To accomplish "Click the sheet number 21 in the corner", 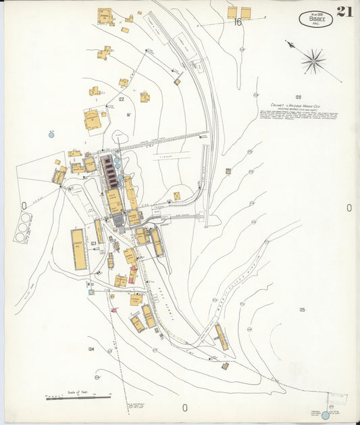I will tap(344, 11).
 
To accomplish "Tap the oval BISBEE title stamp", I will tap(315, 19).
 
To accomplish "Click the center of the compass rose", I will tap(313, 61).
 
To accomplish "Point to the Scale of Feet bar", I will tap(78, 398).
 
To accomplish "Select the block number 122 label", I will tap(121, 99).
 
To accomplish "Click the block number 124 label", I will tap(91, 349).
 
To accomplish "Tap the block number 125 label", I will tap(302, 309).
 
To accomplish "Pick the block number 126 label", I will tap(298, 97).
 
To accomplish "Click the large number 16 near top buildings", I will tap(237, 22).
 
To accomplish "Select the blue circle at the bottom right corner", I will tap(325, 415).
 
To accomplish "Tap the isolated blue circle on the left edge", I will tap(51, 135).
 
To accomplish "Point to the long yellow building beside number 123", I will tap(79, 249).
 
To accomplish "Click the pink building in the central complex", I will tap(132, 276).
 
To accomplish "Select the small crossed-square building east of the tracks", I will tap(177, 196).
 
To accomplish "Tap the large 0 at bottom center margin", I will tap(184, 407).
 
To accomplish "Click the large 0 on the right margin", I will tap(349, 207).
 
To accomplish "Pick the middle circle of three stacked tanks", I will tap(22, 228).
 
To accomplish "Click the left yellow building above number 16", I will tap(232, 11).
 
